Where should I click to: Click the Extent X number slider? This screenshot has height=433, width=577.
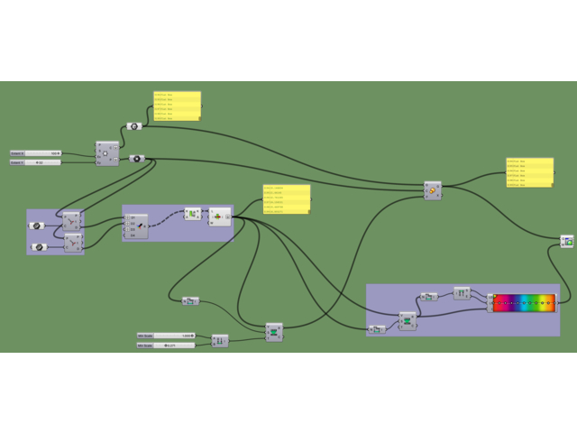click(x=36, y=153)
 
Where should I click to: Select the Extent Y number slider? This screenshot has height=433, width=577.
click(x=36, y=162)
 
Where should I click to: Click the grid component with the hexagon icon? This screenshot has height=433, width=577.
click(x=106, y=154)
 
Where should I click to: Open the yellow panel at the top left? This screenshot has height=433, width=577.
click(x=177, y=106)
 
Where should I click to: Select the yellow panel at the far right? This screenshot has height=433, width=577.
click(x=529, y=172)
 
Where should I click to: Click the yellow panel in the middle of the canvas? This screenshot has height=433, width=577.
click(x=286, y=199)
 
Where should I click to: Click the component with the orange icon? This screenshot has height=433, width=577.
click(x=433, y=191)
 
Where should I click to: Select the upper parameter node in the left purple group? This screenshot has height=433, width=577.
click(x=37, y=226)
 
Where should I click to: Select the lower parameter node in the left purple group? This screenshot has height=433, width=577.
click(x=37, y=246)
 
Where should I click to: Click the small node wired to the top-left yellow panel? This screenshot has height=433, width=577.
click(x=133, y=126)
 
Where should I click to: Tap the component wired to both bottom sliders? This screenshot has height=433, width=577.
click(x=219, y=340)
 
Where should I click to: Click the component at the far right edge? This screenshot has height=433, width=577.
click(x=566, y=242)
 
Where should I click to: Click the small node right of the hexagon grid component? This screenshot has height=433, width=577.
click(x=135, y=159)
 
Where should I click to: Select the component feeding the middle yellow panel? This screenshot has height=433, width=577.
click(x=219, y=217)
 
